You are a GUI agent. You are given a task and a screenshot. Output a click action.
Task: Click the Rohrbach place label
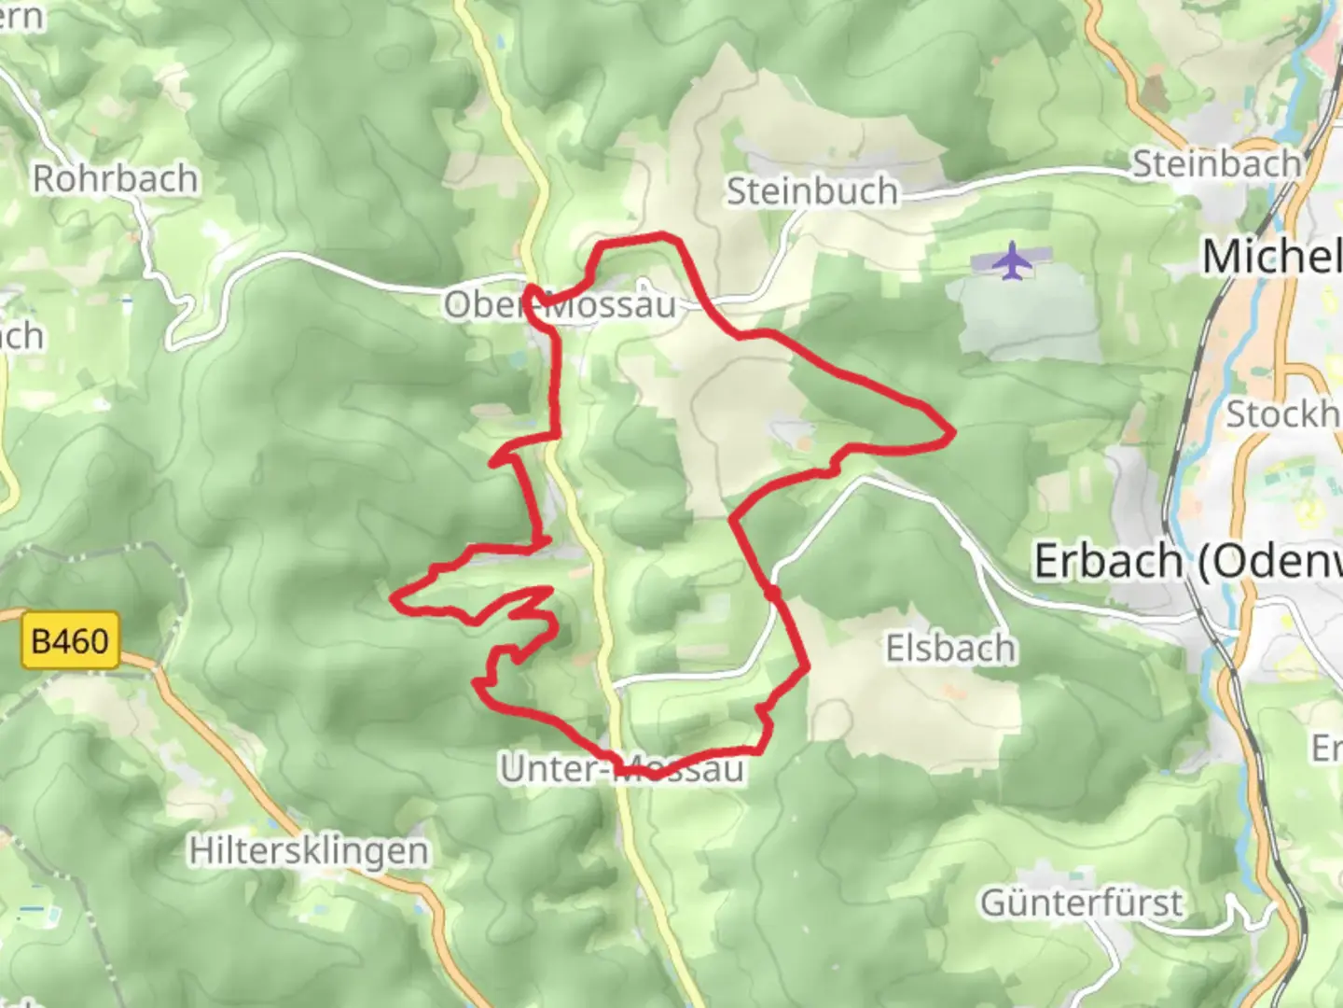pyautogui.click(x=116, y=178)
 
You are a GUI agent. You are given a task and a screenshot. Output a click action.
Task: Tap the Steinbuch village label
pyautogui.click(x=811, y=191)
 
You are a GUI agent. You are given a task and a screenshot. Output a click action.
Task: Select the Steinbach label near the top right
pyautogui.click(x=1216, y=164)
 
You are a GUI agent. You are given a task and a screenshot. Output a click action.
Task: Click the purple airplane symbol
pyautogui.click(x=1011, y=260)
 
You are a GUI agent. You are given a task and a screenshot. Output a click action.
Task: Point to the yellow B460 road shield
pyautogui.click(x=70, y=641)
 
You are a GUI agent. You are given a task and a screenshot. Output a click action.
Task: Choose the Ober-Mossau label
pyautogui.click(x=560, y=304)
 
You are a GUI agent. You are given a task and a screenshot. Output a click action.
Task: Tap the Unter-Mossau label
pyautogui.click(x=622, y=769)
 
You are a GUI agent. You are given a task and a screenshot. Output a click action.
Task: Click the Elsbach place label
pyautogui.click(x=950, y=648)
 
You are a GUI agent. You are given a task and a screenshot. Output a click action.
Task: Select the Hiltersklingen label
pyautogui.click(x=309, y=851)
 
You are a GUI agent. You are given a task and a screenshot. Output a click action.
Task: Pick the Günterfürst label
pyautogui.click(x=1081, y=903)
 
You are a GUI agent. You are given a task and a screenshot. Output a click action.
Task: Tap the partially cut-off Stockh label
pyautogui.click(x=1282, y=413)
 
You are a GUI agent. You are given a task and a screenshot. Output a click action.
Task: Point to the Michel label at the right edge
pyautogui.click(x=1271, y=257)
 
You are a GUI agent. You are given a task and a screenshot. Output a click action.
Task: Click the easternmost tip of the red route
pyautogui.click(x=952, y=433)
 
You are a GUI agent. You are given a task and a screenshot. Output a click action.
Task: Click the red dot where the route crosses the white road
pyautogui.click(x=771, y=593)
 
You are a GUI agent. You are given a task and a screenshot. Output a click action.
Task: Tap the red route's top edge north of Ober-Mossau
pyautogui.click(x=644, y=239)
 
